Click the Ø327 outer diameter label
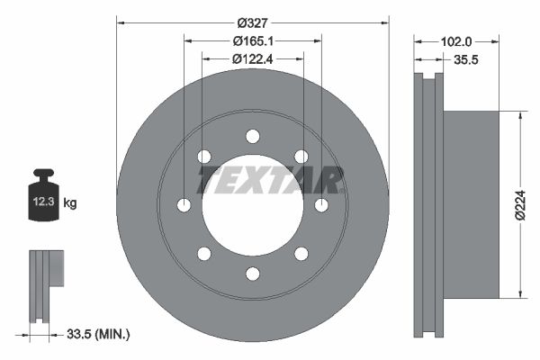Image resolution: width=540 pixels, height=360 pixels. pos(252,23)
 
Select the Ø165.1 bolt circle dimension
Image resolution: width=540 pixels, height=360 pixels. pos(253,41)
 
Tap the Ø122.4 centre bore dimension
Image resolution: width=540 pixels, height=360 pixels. pos(252,59)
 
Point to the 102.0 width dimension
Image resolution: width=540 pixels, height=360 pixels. pos(456,41)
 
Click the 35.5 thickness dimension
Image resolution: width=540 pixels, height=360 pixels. pos(466,60)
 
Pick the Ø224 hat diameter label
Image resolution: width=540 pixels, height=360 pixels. pos(521,204)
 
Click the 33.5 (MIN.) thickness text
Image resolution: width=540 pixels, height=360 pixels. pos(98,334)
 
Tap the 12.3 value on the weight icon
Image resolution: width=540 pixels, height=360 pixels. pos(44,202)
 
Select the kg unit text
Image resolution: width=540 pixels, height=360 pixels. pos(70,202)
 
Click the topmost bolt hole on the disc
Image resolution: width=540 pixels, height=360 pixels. pos(253,137)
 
